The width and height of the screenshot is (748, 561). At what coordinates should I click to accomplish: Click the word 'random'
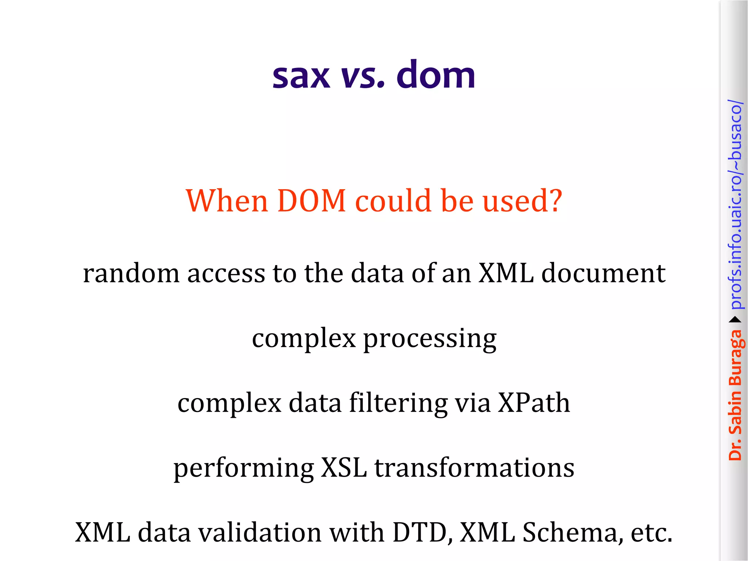coord(131,273)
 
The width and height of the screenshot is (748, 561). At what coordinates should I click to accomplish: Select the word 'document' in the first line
coord(603,273)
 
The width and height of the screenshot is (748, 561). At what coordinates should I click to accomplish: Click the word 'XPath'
coord(534,403)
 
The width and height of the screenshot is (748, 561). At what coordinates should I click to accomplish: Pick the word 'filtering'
coord(398,404)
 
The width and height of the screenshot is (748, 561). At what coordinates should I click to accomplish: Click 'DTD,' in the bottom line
coord(423,533)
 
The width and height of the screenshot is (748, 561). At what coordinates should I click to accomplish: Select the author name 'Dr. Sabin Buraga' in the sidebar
coord(735,395)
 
